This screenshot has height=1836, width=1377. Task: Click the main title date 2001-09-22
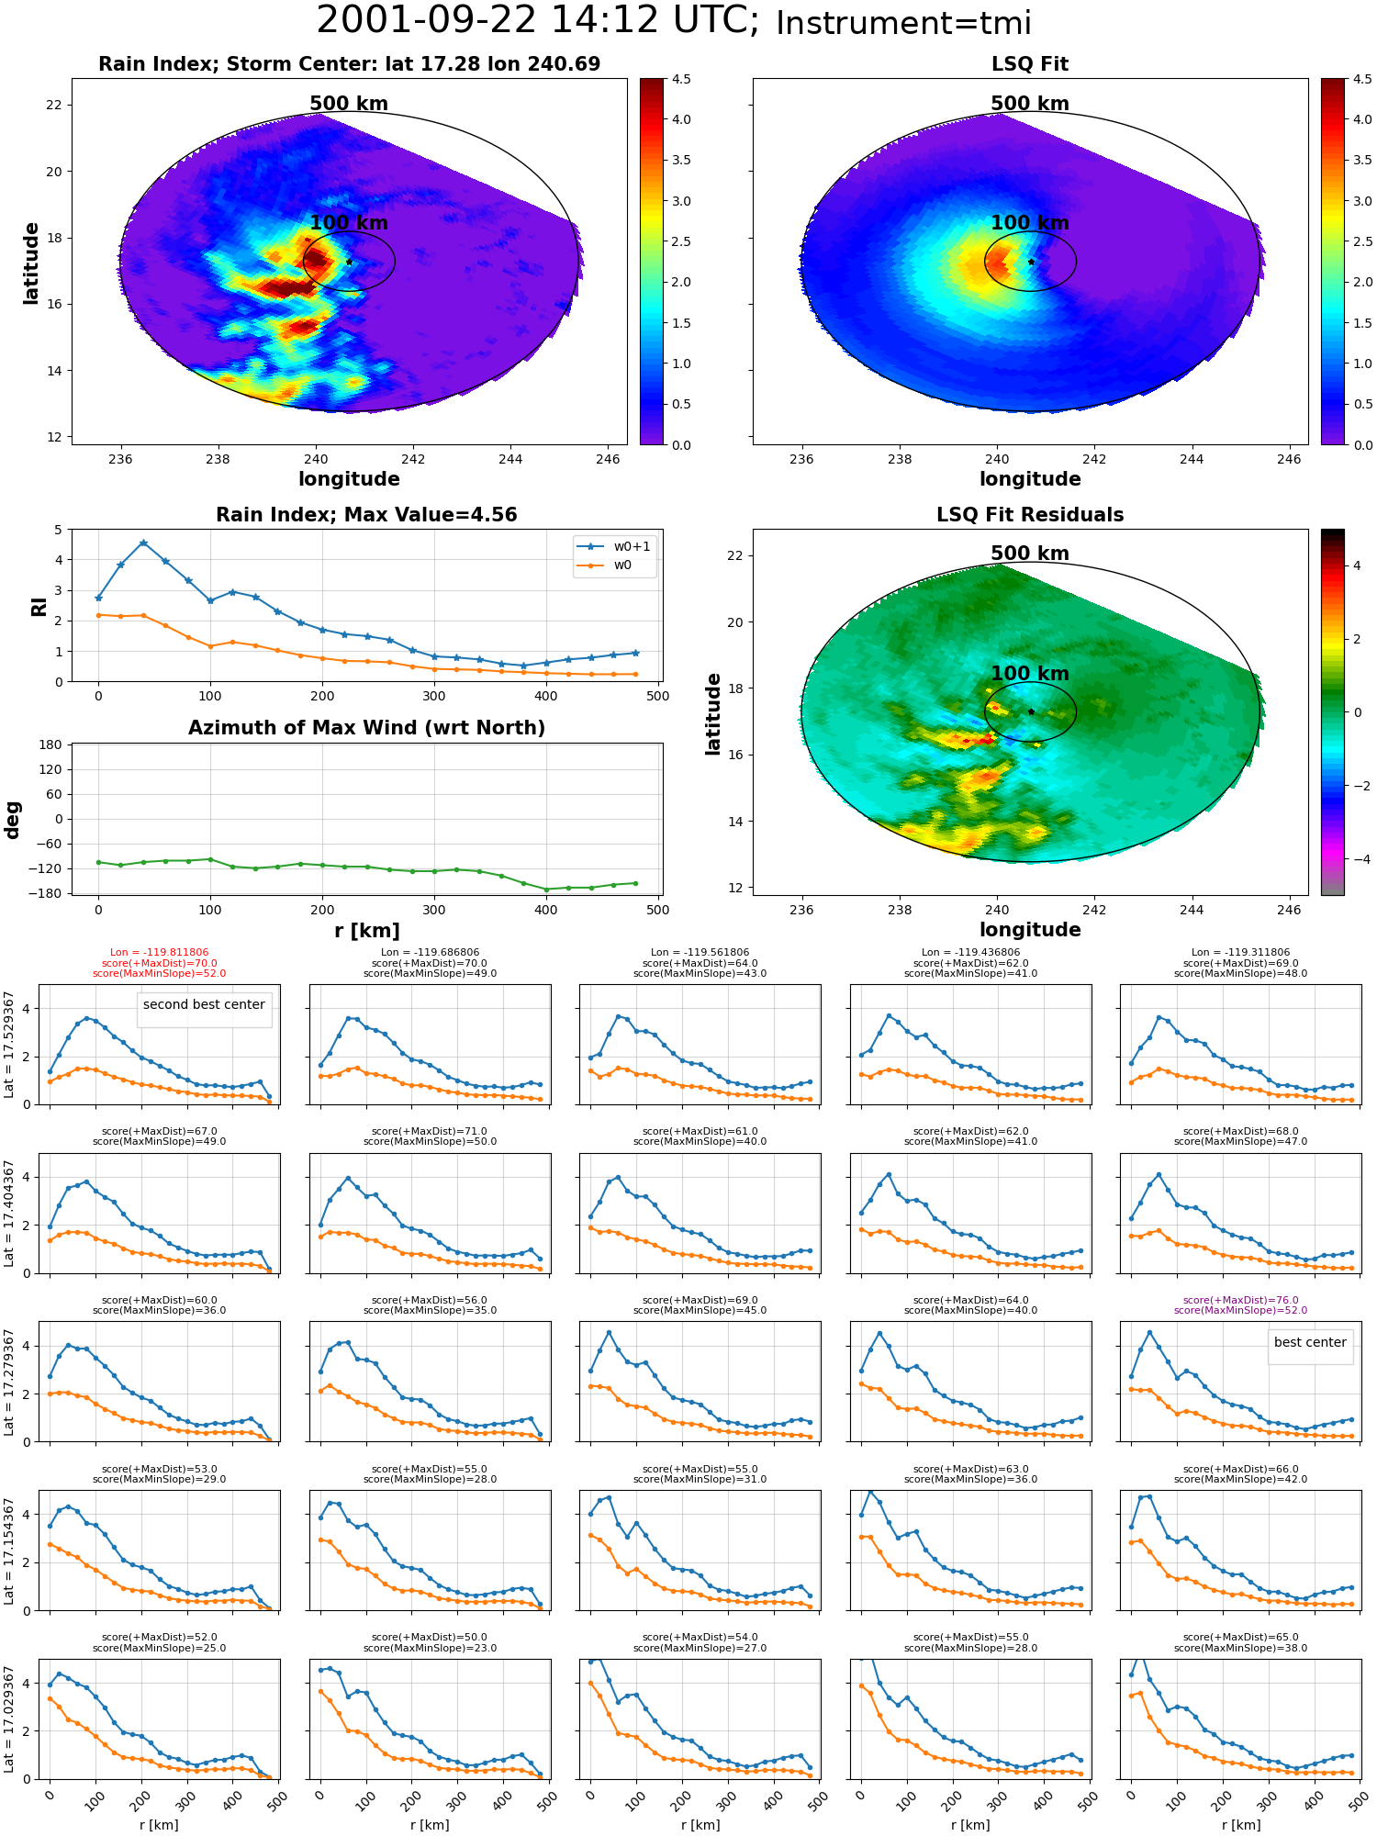coord(427,20)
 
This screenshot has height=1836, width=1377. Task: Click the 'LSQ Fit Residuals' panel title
coord(1030,515)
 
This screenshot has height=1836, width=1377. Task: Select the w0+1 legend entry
coord(615,546)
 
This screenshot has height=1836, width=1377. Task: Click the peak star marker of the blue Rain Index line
coord(143,543)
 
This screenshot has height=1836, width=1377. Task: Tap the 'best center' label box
coord(1310,1342)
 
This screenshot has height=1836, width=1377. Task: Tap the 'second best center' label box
coord(204,1005)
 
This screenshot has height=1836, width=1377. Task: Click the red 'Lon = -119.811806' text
coord(159,953)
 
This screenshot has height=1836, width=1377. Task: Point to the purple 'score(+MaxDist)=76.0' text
coord(1240,1300)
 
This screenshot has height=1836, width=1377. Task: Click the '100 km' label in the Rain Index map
coord(349,222)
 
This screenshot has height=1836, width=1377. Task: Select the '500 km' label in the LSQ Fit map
coord(1030,104)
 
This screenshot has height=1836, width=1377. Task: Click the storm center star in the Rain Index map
coord(349,262)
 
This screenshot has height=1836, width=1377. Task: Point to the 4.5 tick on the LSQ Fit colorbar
coord(1362,79)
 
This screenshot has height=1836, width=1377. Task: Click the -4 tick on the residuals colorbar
coord(1357,859)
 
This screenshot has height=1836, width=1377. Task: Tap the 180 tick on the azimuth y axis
coord(51,744)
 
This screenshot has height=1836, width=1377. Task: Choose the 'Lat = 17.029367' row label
coord(10,1719)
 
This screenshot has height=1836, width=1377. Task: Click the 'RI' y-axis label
coord(39,606)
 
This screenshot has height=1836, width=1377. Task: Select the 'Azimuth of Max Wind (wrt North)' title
coord(366,728)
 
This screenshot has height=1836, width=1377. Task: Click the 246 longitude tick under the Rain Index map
coord(608,459)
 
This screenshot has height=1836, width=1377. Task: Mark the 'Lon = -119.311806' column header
coord(1240,953)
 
